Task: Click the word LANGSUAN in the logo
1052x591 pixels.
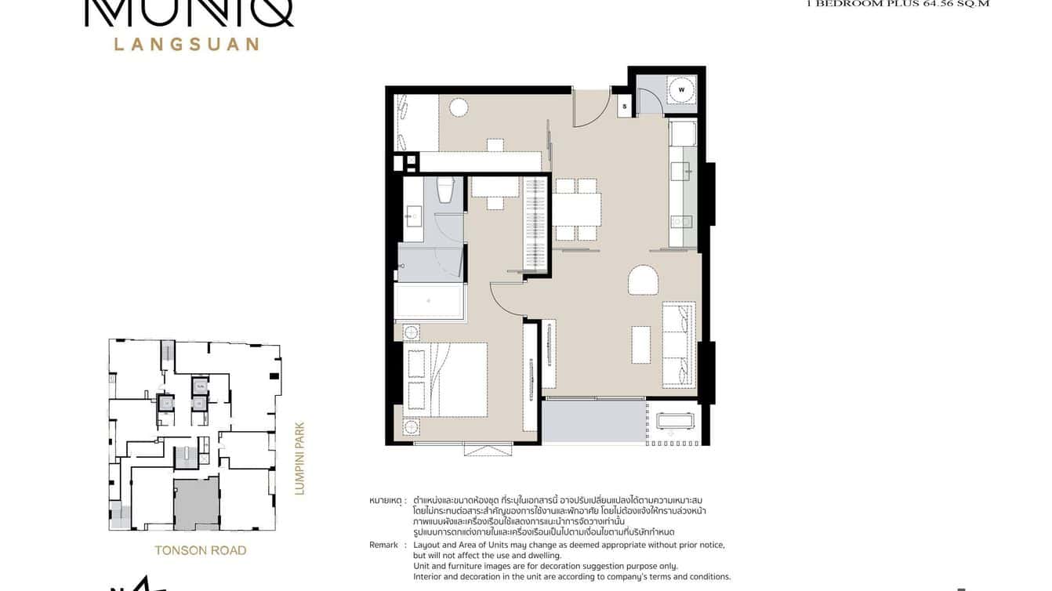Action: [x=187, y=44]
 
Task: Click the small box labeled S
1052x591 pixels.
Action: [x=625, y=106]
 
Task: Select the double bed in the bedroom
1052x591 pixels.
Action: [x=444, y=379]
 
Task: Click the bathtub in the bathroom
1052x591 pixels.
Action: [x=429, y=301]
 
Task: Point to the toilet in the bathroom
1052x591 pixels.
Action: [x=445, y=190]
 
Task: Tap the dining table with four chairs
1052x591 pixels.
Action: [x=576, y=209]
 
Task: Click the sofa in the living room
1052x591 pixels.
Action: [x=679, y=345]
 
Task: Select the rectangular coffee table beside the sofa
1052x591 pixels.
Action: [x=640, y=344]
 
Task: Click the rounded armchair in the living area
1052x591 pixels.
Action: [x=642, y=280]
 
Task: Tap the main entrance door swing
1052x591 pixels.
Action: [x=589, y=108]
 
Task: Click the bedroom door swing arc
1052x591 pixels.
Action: [x=506, y=299]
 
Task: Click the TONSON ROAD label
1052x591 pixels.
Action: [x=201, y=550]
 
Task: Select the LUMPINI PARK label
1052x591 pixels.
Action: [x=299, y=459]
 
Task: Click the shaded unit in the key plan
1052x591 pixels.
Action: [x=196, y=504]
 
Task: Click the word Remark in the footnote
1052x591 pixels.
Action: [x=383, y=545]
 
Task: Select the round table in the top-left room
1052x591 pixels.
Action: [x=459, y=107]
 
